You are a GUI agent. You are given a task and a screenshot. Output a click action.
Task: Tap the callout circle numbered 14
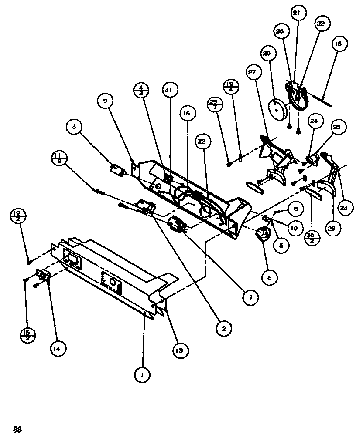click(x=58, y=348)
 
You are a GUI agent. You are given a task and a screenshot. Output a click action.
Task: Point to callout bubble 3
click(x=75, y=128)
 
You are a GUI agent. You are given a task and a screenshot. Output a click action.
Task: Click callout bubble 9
click(x=105, y=101)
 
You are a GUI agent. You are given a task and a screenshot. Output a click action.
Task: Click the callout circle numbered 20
click(x=267, y=54)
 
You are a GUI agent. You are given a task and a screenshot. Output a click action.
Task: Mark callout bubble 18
click(x=339, y=44)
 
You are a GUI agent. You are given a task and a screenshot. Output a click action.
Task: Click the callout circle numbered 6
click(x=269, y=276)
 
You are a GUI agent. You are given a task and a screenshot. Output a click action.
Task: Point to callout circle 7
click(x=250, y=298)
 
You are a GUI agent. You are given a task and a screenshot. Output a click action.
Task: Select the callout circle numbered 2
click(x=223, y=329)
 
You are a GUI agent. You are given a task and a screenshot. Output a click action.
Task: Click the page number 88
click(x=17, y=429)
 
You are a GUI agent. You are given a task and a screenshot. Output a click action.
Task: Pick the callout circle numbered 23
click(x=344, y=208)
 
